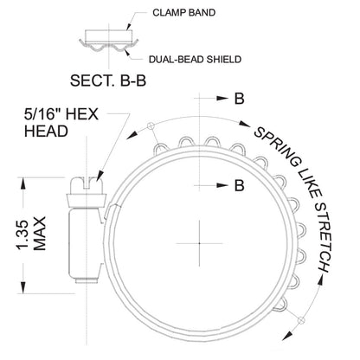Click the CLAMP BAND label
(183, 13)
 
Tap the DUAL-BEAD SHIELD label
(195, 60)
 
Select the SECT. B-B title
(108, 80)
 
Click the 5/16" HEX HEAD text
(61, 123)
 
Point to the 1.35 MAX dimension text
(31, 234)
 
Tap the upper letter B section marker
(239, 99)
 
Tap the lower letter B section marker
(239, 185)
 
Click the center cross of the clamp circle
(199, 243)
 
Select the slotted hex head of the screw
(87, 185)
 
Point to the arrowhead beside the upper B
(222, 99)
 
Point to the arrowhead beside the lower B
(222, 185)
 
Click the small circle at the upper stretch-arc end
(151, 125)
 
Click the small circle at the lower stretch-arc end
(301, 320)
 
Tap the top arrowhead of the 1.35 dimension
(22, 184)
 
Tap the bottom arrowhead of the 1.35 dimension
(22, 287)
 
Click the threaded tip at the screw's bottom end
(86, 280)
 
